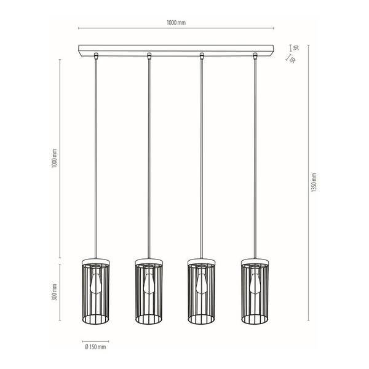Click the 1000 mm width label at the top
pyautogui.click(x=176, y=23)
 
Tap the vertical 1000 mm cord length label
pyautogui.click(x=54, y=158)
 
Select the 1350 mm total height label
pyautogui.click(x=314, y=183)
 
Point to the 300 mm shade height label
pyautogui.click(x=54, y=292)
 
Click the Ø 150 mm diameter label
pyautogui.click(x=95, y=347)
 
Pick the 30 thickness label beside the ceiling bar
pyautogui.click(x=296, y=47)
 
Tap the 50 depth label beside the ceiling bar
pyautogui.click(x=293, y=60)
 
